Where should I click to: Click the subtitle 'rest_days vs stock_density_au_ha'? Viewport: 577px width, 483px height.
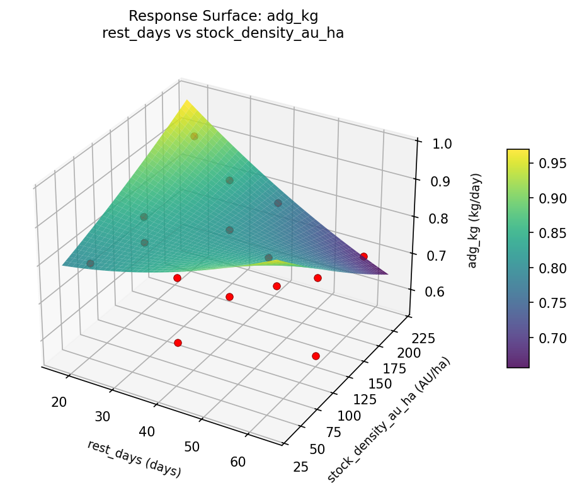223,33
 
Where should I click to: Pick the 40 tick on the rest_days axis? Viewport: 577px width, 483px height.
148,431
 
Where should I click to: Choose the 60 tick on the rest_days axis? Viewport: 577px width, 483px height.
237,462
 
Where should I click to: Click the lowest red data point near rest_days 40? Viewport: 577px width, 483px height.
178,343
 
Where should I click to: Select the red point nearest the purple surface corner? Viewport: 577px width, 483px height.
363,256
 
